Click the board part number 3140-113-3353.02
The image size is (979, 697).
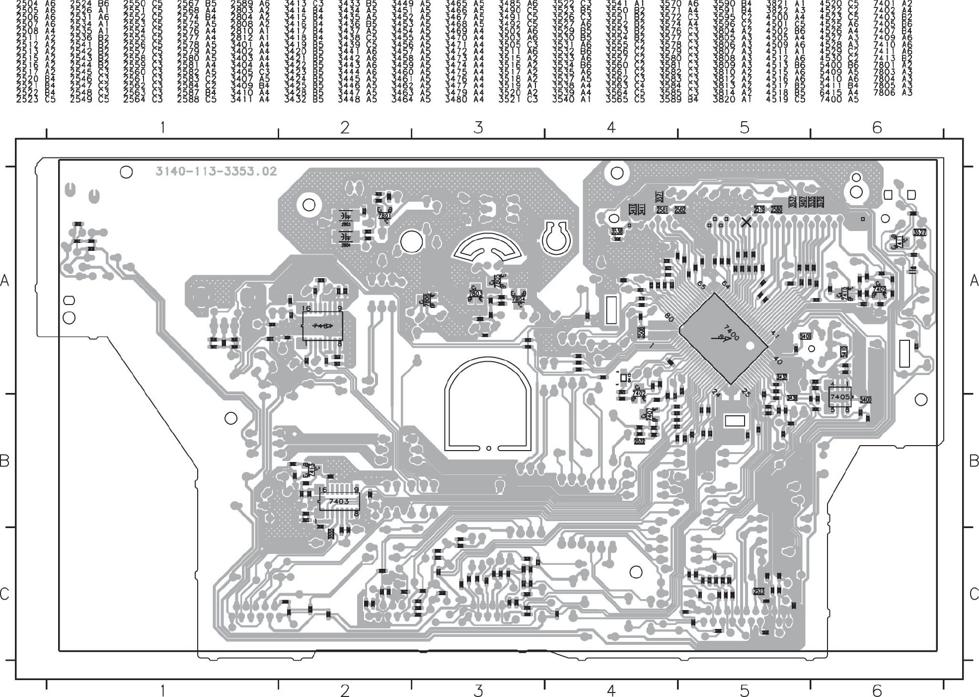pos(216,172)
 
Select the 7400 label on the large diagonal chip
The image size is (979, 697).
pos(732,332)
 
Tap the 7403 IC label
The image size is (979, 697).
pos(338,502)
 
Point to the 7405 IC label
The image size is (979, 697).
pos(839,397)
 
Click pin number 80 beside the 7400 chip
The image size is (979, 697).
pos(668,317)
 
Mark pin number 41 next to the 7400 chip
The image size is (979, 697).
pos(775,336)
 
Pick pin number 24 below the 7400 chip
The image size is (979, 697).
pos(716,393)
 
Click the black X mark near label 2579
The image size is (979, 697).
pos(746,222)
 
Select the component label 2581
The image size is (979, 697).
pos(662,210)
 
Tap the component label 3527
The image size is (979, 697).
pos(919,232)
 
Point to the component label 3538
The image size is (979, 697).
pos(616,231)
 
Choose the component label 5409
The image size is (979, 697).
pos(805,336)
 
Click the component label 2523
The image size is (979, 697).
pos(758,591)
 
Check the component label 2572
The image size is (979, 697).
pos(640,441)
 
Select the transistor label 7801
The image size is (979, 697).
pos(384,216)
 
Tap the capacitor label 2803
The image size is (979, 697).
pos(346,225)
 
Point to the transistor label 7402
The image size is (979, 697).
pos(639,393)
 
